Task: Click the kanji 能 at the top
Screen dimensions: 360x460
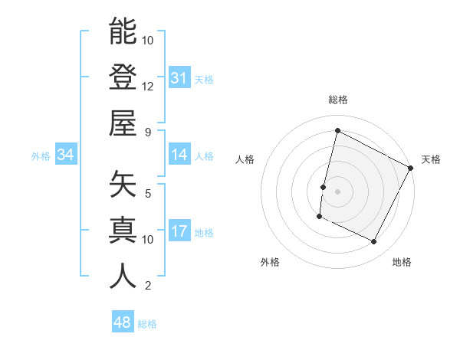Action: coord(123,31)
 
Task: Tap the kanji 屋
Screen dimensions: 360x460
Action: coord(123,123)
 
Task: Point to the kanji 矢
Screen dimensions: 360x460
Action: coord(123,184)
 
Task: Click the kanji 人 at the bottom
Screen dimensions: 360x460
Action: coord(123,276)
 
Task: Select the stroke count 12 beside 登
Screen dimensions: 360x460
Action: coord(148,86)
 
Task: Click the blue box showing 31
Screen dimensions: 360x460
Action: coord(179,78)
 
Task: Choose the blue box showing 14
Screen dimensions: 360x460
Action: coord(179,155)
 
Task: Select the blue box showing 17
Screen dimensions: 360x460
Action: coord(179,231)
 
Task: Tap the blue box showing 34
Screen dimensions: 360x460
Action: coord(65,155)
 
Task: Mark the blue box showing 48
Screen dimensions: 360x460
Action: coord(123,322)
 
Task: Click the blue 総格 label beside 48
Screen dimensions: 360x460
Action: coord(147,324)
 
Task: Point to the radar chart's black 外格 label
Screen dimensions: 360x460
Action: coord(270,262)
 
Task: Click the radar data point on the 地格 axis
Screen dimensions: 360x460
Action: coord(374,242)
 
